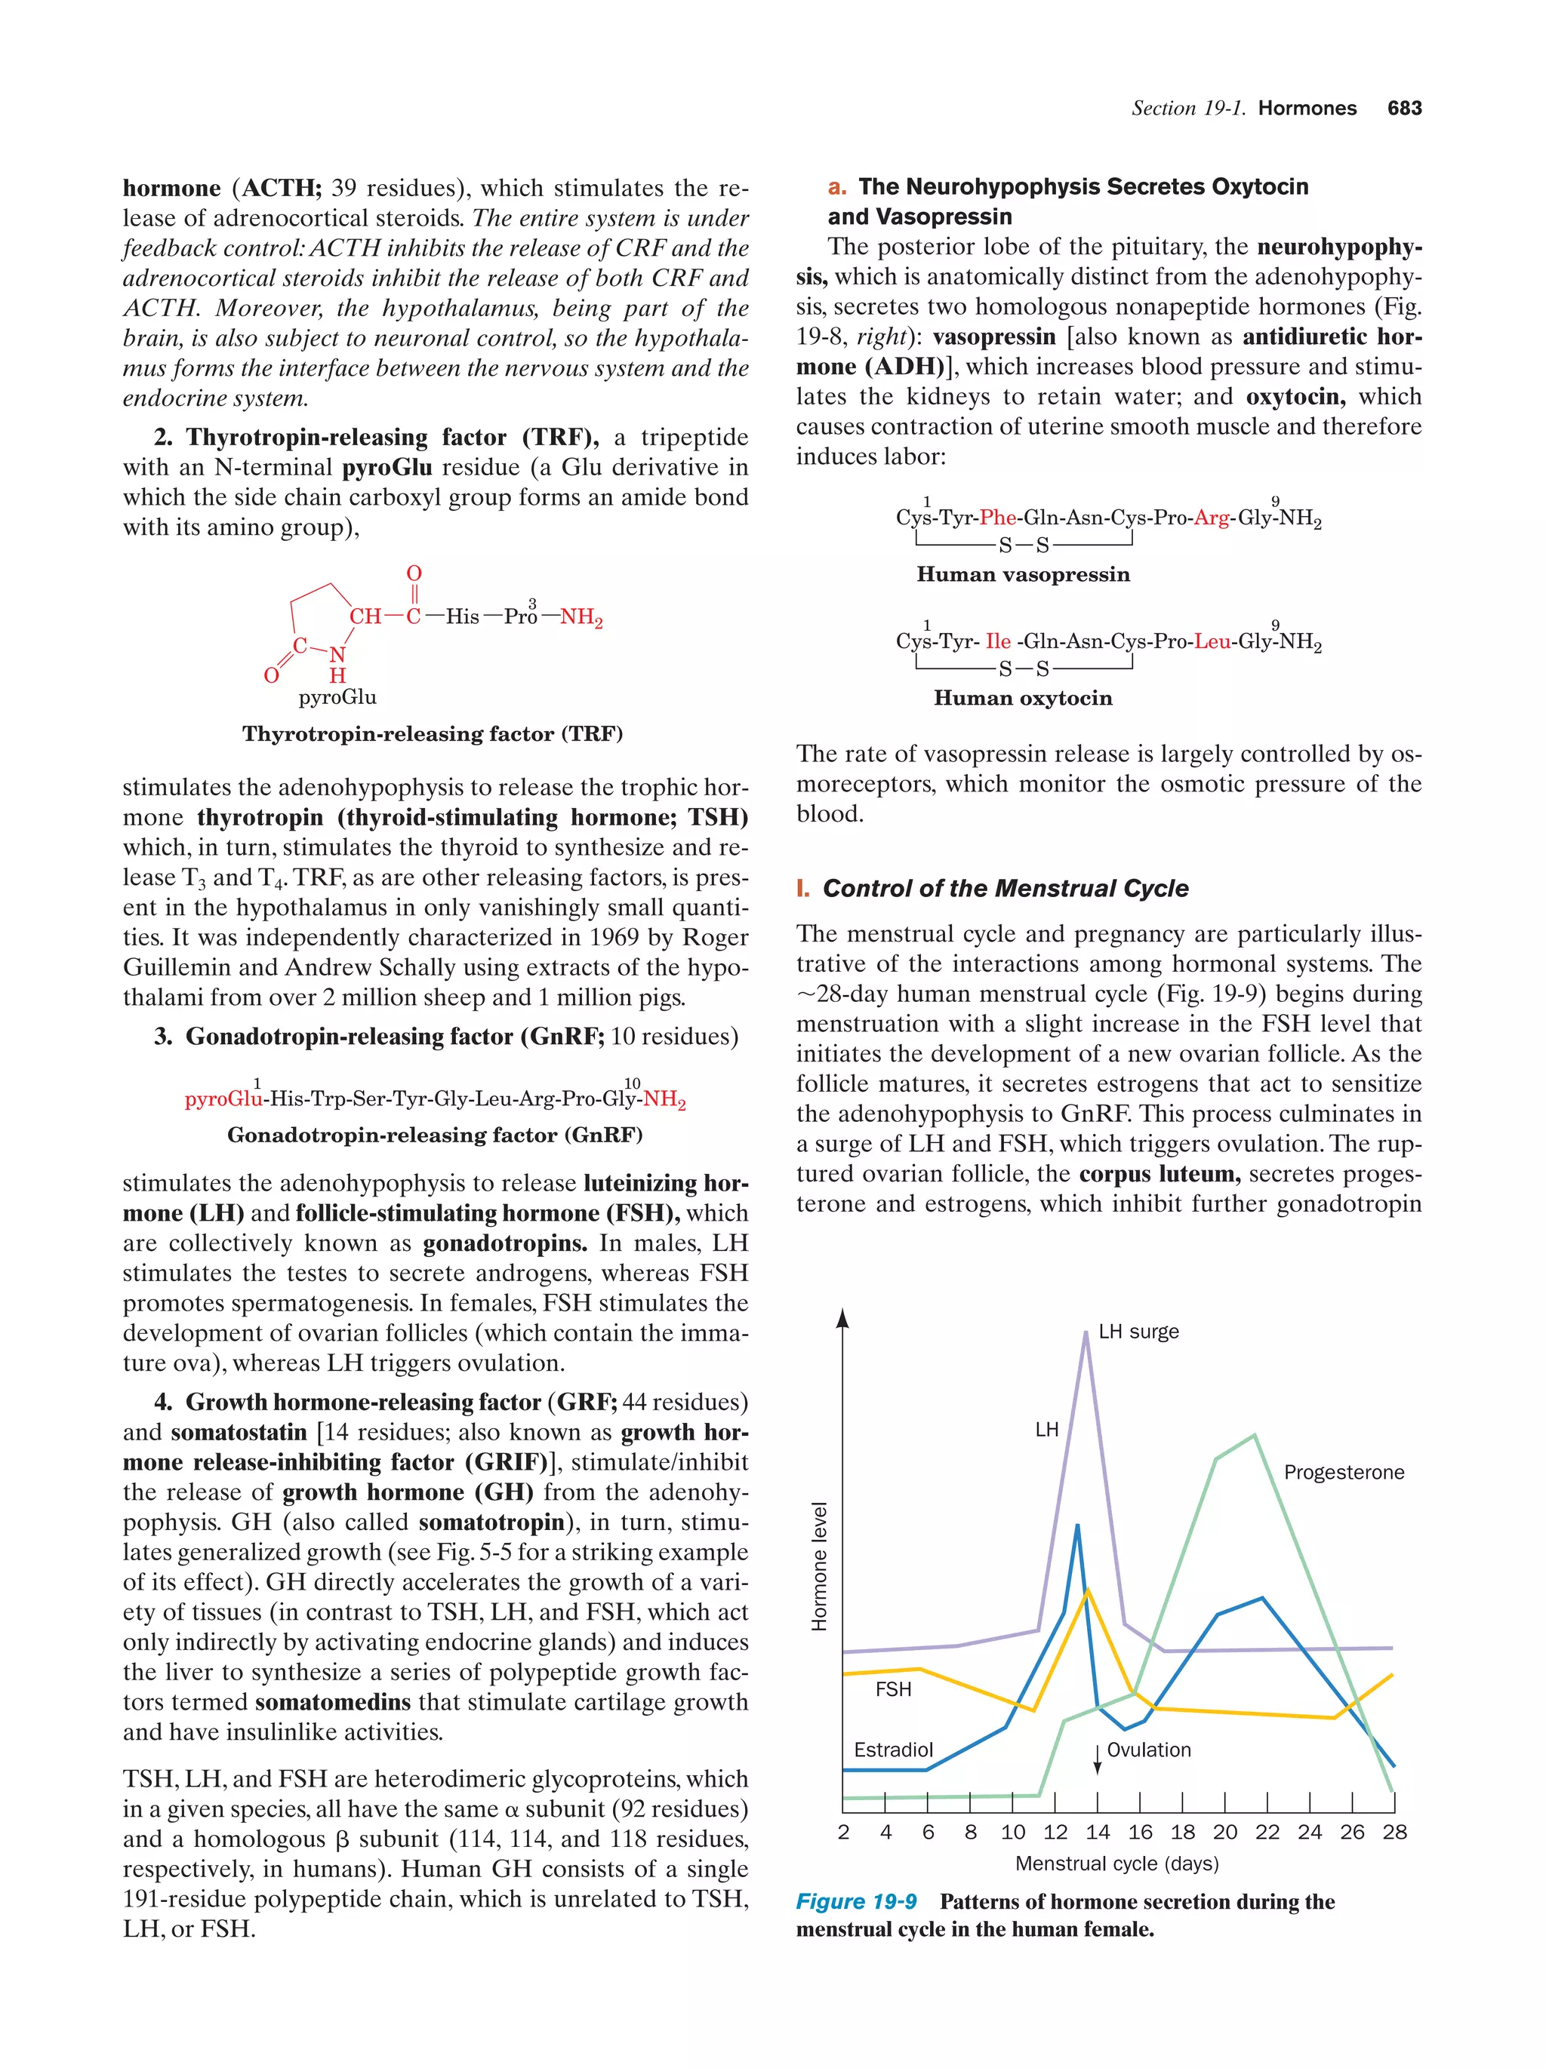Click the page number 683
pyautogui.click(x=1404, y=108)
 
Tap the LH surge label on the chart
pyautogui.click(x=1138, y=1332)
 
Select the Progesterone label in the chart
pyautogui.click(x=1343, y=1473)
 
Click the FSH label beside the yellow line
pyautogui.click(x=893, y=1689)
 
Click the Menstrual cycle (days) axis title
pyautogui.click(x=1116, y=1864)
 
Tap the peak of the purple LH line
pyautogui.click(x=1086, y=1333)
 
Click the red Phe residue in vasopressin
pyautogui.click(x=998, y=518)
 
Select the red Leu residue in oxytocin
pyautogui.click(x=1212, y=641)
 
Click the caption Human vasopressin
pyautogui.click(x=1023, y=575)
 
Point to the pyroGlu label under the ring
pyautogui.click(x=337, y=697)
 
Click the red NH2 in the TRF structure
pyautogui.click(x=581, y=617)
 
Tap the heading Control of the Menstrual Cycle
pyautogui.click(x=1005, y=888)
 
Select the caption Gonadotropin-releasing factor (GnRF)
pyautogui.click(x=435, y=1135)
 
